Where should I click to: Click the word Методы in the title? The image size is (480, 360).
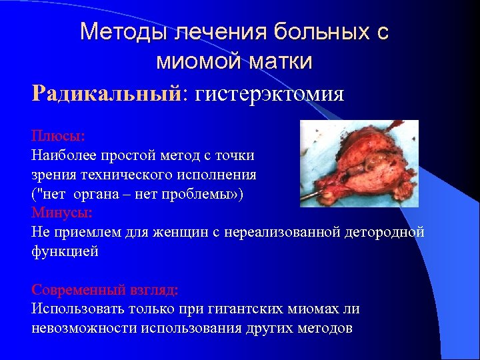(118, 31)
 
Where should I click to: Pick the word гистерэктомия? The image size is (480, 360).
(269, 93)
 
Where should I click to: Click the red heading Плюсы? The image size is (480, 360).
(58, 136)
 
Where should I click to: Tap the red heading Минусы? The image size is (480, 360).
(62, 213)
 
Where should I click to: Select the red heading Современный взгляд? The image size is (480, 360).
(105, 291)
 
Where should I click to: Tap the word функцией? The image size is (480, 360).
(64, 252)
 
